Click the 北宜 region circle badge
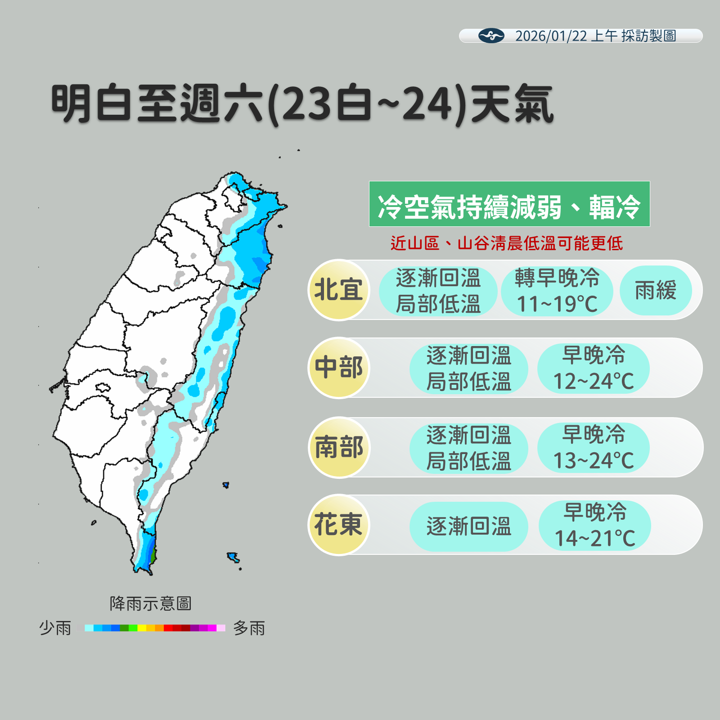(338, 290)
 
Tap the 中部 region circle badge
(338, 368)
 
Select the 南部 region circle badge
(338, 447)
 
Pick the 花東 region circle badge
(338, 525)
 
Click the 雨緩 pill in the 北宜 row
(655, 290)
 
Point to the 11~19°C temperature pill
(557, 291)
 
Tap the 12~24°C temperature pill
(593, 368)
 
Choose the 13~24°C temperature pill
(593, 448)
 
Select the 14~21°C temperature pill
(594, 525)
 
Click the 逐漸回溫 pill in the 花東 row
(468, 526)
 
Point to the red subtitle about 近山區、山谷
(506, 243)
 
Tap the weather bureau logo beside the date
(491, 36)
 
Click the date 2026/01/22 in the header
(551, 36)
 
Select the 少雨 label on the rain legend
(55, 628)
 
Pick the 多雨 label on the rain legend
(249, 628)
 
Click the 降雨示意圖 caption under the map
(150, 603)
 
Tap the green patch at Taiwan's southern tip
(153, 556)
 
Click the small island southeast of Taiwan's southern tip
(233, 558)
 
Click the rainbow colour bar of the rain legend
(154, 628)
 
